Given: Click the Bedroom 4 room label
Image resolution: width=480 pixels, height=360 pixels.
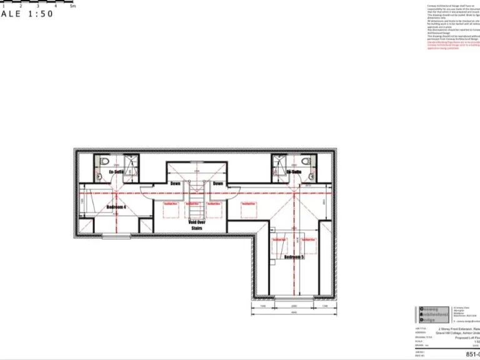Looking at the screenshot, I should click(x=116, y=207).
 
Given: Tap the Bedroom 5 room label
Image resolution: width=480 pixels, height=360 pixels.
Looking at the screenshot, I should click(x=294, y=257).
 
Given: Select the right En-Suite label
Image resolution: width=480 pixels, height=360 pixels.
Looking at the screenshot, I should click(x=294, y=171).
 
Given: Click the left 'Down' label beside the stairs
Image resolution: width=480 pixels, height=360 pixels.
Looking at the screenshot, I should click(x=176, y=184).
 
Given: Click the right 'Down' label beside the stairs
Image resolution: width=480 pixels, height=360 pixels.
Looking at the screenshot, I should click(x=217, y=184).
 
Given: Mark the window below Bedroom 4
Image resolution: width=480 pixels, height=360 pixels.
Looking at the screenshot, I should click(x=116, y=236).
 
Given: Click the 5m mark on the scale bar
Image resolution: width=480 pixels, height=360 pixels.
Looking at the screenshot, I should click(x=72, y=6).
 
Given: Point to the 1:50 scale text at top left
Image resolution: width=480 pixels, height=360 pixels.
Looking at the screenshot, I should click(x=28, y=14).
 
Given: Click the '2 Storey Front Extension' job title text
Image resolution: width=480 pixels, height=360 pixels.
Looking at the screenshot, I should click(x=458, y=328).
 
